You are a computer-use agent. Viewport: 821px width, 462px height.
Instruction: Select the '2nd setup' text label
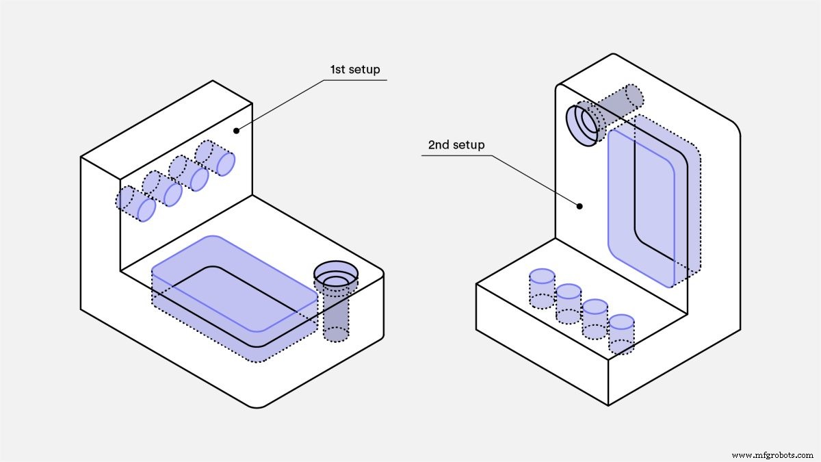(456, 145)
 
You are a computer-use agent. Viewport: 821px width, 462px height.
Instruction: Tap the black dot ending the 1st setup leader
(236, 130)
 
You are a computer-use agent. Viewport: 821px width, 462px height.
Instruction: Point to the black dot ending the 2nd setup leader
(579, 205)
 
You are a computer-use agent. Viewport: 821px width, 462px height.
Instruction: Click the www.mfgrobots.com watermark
(772, 454)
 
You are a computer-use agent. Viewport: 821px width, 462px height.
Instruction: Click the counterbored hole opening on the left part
(336, 277)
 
